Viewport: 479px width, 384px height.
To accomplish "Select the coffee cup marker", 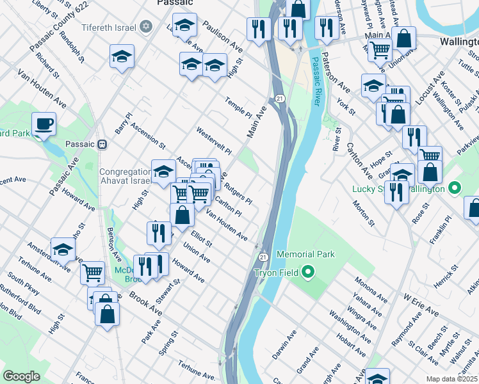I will coord(44,124).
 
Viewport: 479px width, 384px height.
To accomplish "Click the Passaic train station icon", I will coord(103,144).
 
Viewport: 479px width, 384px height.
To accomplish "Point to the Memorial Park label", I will coord(305,254).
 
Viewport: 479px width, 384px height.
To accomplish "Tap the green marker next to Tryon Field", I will coord(307,273).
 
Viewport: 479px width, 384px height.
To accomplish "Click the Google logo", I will coord(21,376).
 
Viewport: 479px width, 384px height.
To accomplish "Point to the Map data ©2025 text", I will coord(451,379).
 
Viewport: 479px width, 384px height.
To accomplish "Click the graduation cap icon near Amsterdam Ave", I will coord(63,249).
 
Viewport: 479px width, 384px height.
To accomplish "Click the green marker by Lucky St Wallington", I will coord(454,189).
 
